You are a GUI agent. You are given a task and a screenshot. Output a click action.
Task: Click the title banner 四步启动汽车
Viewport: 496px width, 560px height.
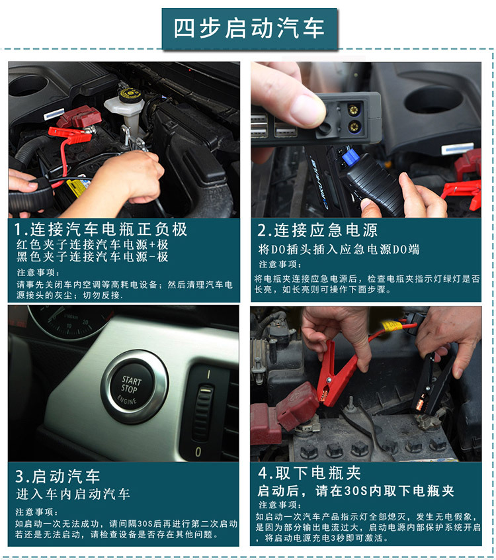(250, 28)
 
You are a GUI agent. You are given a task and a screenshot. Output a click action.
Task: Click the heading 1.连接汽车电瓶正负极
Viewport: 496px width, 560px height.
(101, 229)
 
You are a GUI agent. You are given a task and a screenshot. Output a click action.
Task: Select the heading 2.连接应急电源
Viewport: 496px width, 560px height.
(317, 230)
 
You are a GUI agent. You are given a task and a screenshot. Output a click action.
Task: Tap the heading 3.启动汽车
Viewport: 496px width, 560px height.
(58, 477)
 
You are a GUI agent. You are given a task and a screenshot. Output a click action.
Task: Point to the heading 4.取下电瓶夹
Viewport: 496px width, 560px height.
(310, 473)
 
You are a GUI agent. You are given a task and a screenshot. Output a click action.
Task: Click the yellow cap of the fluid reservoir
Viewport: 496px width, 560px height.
(130, 94)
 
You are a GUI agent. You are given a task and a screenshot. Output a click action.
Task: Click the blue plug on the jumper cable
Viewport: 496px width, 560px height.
(349, 158)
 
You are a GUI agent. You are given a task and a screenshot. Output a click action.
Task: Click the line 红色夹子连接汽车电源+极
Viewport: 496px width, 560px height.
(93, 245)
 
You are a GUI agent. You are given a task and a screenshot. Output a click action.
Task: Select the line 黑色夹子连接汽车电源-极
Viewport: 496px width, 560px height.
(93, 257)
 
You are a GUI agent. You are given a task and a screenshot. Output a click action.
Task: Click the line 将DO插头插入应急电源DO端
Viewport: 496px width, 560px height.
(339, 250)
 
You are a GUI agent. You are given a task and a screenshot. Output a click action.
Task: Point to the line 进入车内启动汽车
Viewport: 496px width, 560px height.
(73, 494)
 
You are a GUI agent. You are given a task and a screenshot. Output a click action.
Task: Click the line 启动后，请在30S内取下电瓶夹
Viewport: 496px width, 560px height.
(356, 491)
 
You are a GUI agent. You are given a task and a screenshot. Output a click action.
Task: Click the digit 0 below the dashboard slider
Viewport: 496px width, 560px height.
(198, 452)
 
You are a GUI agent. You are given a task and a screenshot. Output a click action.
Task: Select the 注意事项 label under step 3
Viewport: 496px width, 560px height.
(37, 512)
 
